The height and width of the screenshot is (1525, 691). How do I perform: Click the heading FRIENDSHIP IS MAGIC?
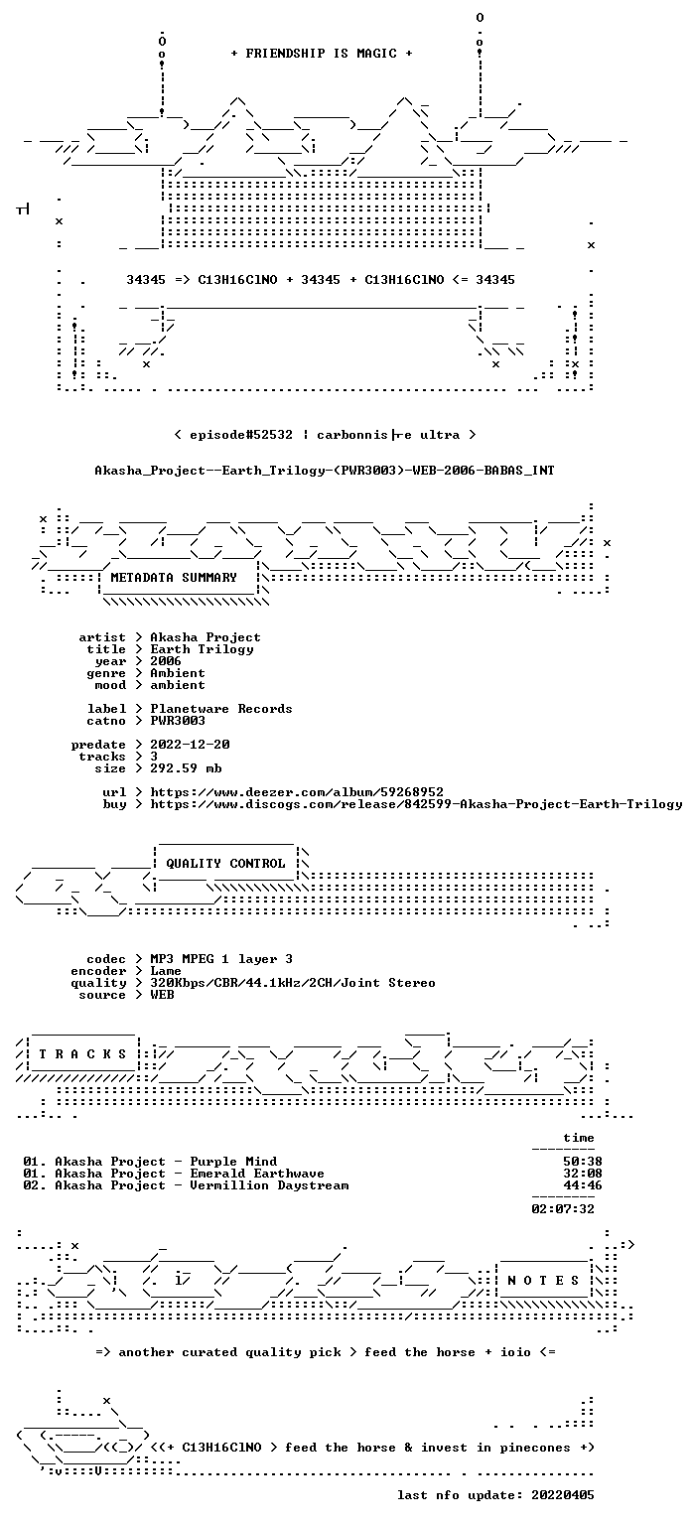point(322,53)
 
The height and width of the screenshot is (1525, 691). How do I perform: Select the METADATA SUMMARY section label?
point(174,577)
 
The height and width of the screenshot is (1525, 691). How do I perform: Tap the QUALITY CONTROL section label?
point(225,863)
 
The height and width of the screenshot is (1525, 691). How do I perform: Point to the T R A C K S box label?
point(82,1054)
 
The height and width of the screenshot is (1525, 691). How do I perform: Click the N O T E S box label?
point(543,1281)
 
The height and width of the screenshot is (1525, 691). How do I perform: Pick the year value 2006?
point(166,661)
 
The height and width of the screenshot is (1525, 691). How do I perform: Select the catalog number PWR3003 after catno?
point(178,720)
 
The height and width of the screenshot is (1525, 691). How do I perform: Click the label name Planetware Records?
point(221,709)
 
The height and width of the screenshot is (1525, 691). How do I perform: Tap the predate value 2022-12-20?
point(190,744)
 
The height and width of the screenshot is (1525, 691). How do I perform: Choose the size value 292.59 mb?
point(186,767)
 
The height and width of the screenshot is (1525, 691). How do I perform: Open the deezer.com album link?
point(297,791)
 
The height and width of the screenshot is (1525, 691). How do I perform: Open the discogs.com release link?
point(416,804)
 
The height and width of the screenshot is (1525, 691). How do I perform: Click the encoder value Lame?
point(166,971)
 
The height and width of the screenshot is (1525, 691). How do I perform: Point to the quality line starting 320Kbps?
point(293,982)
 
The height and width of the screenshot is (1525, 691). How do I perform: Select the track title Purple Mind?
point(233,1162)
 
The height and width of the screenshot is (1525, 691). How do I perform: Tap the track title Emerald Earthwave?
point(257,1173)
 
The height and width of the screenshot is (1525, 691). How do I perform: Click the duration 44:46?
point(583,1185)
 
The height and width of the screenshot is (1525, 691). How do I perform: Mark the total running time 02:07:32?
point(563,1209)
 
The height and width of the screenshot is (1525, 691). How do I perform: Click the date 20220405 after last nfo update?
point(562,1495)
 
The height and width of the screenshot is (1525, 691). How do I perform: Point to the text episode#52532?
point(241,434)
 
